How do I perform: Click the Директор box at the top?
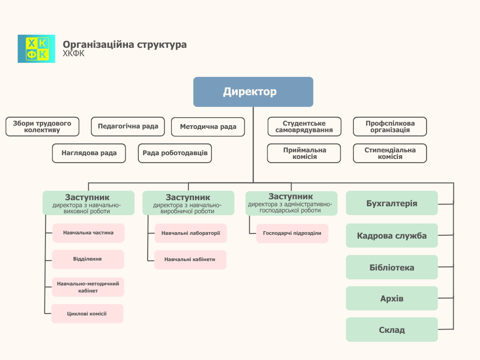tap(253, 92)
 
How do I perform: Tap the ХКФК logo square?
tap(37, 49)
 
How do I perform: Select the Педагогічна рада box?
tap(128, 127)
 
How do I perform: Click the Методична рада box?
tap(208, 127)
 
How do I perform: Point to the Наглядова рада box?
tap(89, 153)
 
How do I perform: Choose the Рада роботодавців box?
tap(175, 153)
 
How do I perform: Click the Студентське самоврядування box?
tap(304, 127)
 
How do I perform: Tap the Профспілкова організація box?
tap(390, 127)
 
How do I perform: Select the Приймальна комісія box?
tap(304, 153)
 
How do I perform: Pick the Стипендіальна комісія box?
tap(390, 153)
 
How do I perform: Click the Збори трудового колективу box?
tap(42, 127)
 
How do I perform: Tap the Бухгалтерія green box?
tap(392, 203)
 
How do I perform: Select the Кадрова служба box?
tap(392, 236)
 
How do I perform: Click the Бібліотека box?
tap(392, 268)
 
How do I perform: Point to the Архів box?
tap(392, 299)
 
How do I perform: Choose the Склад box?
tap(392, 330)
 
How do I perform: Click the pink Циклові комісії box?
tap(88, 314)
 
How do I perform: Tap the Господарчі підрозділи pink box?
tap(292, 233)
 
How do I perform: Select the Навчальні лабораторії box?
tap(191, 233)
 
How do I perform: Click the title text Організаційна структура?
tap(125, 45)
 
